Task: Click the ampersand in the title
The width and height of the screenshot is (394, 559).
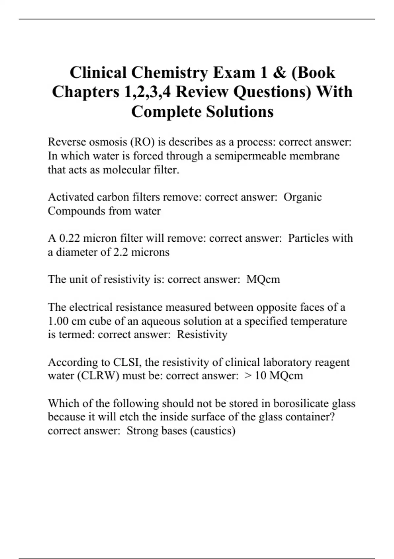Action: (279, 73)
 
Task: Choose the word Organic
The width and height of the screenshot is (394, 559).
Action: (302, 197)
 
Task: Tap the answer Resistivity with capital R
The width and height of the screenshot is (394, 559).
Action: (202, 334)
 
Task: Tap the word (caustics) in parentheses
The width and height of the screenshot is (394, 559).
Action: (213, 430)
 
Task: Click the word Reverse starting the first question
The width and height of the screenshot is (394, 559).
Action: (67, 142)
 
